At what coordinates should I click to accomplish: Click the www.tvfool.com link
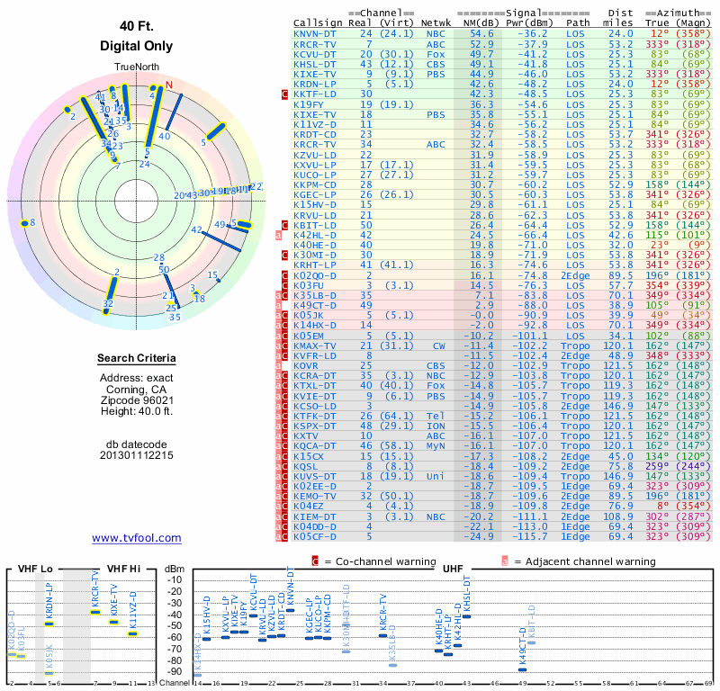point(136,538)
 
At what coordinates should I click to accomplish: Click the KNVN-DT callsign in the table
point(315,33)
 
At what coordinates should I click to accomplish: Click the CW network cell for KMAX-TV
point(438,345)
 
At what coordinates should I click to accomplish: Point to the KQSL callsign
point(307,465)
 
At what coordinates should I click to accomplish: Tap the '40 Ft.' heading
point(136,26)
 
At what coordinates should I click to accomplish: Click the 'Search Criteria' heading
point(136,359)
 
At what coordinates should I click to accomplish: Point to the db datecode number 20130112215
point(136,454)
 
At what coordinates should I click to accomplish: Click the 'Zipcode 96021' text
point(136,399)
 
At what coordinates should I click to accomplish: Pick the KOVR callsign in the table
point(307,365)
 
